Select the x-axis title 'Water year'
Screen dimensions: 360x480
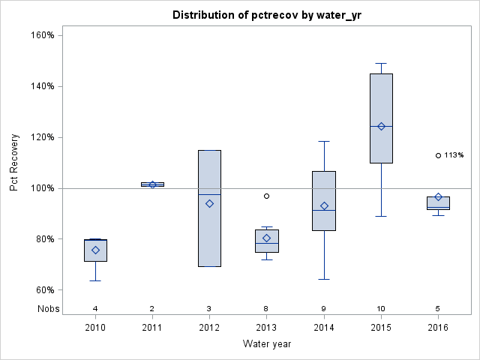[x=267, y=343]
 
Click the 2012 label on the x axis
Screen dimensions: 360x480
[x=209, y=328]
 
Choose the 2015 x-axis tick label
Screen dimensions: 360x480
[x=381, y=328]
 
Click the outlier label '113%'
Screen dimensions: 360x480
[x=454, y=155]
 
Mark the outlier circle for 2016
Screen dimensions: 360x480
[x=438, y=155]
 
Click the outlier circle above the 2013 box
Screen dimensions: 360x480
[x=266, y=196]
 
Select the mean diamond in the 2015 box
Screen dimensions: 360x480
[x=381, y=126]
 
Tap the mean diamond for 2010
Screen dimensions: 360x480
[x=95, y=250]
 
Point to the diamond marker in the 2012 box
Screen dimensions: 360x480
[x=209, y=203]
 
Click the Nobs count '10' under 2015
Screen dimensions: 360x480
[x=381, y=308]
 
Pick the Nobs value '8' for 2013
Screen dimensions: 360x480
[x=266, y=308]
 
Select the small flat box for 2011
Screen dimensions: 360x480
[x=152, y=184]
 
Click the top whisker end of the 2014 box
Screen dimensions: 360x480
[x=324, y=141]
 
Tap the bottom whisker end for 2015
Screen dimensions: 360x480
[x=381, y=216]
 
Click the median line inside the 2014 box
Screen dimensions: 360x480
[x=324, y=210]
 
